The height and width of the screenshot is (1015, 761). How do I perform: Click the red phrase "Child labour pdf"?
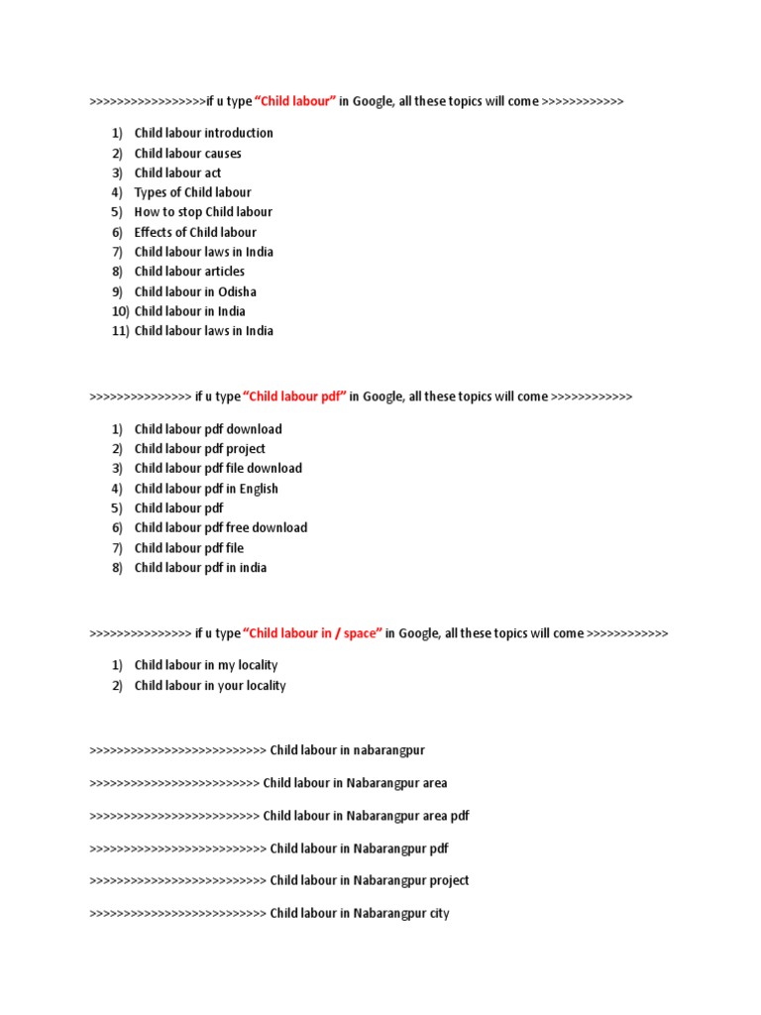tap(294, 396)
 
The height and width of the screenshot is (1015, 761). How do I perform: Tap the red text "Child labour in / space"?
tap(312, 633)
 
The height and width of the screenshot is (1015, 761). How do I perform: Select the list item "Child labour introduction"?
tap(203, 133)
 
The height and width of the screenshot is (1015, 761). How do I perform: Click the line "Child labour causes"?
tap(187, 153)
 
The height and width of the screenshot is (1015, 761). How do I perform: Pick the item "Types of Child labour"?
tap(192, 192)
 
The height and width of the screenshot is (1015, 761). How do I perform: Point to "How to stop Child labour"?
tap(203, 212)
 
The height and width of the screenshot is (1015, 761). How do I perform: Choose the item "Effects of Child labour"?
tap(195, 232)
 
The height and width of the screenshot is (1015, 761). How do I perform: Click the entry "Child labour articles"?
tap(189, 272)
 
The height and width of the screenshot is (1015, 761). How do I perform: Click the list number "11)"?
tap(121, 331)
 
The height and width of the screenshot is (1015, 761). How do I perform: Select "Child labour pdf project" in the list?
tap(199, 449)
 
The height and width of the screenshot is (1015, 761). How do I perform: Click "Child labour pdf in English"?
tap(206, 489)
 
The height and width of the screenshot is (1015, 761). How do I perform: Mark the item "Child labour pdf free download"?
tap(221, 528)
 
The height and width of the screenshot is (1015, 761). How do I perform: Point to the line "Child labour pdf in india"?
tap(200, 568)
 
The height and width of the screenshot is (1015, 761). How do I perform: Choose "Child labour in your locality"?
tap(210, 686)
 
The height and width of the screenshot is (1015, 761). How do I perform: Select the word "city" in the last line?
tap(439, 914)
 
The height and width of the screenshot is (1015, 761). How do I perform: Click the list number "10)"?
tap(121, 311)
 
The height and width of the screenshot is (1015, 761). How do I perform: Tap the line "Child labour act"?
tap(177, 172)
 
